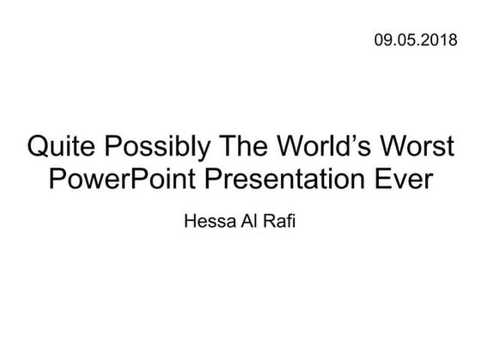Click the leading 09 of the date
pyautogui.click(x=383, y=39)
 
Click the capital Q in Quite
pyautogui.click(x=39, y=147)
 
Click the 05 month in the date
pyautogui.click(x=405, y=39)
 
